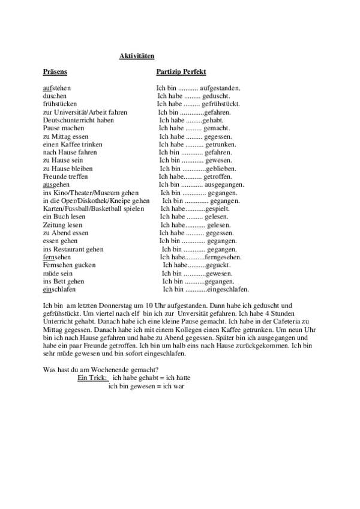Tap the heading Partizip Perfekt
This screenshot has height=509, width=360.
click(181, 72)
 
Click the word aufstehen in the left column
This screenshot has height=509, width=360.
click(57, 88)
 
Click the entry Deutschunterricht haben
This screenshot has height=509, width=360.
click(79, 120)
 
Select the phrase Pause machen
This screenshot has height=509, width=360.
click(64, 128)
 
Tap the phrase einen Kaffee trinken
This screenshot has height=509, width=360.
click(73, 144)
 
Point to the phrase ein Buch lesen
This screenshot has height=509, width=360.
click(65, 217)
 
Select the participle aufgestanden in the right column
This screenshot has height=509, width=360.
click(220, 88)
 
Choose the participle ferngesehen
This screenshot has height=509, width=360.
click(223, 257)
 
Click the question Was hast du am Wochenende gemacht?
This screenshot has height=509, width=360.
click(101, 369)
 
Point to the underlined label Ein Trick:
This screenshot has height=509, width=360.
click(92, 378)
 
